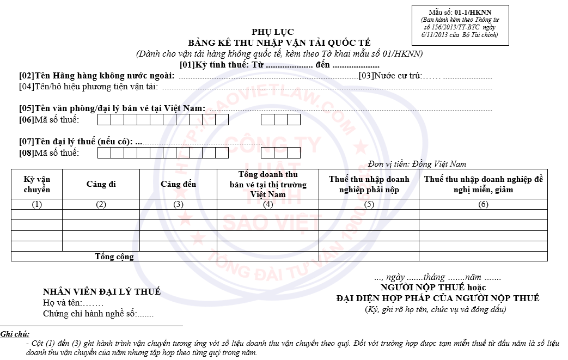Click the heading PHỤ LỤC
(x=272, y=32)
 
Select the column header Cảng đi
(x=101, y=184)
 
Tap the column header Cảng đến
(x=178, y=184)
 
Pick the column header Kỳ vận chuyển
(x=36, y=184)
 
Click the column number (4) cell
(x=267, y=205)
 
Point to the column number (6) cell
(x=483, y=205)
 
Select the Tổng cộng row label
(x=114, y=257)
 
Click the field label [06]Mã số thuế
(x=49, y=120)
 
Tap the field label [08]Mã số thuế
(x=49, y=152)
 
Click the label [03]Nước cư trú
(x=390, y=76)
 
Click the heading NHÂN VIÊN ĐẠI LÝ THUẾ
(x=102, y=292)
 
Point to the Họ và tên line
(x=73, y=303)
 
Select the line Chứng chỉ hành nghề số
(x=98, y=314)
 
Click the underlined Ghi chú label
(x=15, y=334)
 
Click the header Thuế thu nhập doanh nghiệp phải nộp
(x=369, y=184)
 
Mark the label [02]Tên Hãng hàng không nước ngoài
(x=97, y=76)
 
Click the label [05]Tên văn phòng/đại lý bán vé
(x=112, y=108)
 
